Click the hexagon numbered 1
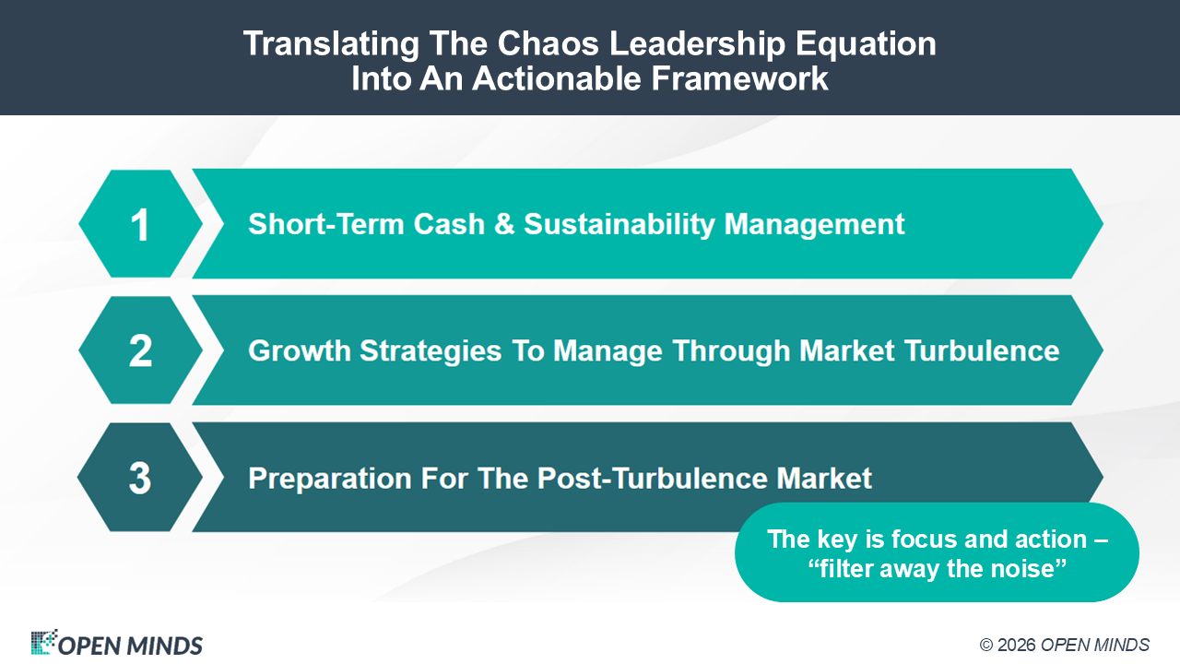pos(141,223)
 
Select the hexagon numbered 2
pos(141,350)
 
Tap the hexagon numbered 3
pos(140,477)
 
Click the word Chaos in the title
pos(548,43)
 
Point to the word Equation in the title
pos(866,44)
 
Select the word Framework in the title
pos(739,79)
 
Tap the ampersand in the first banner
pos(504,224)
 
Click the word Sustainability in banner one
pos(619,225)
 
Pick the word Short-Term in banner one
pos(326,224)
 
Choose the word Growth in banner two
pos(300,351)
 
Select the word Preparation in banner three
pos(330,479)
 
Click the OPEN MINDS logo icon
pos(43,642)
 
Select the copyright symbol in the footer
pos(986,645)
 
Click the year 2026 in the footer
pos(1016,645)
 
